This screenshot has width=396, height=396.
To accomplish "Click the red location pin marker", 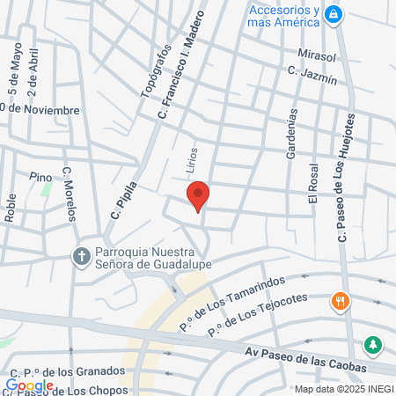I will click(198, 196).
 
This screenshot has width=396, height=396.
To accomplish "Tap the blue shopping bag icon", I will click(334, 14).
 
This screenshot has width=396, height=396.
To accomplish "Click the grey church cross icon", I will click(80, 256).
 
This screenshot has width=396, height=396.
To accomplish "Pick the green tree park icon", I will click(374, 343).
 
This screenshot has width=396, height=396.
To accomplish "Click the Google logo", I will click(30, 385).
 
